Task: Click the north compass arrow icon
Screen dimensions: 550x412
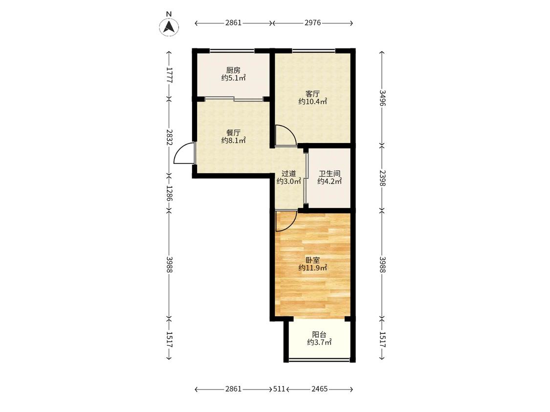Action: [x=169, y=27]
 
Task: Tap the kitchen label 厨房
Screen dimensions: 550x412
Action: [x=233, y=70]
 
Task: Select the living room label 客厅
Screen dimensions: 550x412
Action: [x=312, y=94]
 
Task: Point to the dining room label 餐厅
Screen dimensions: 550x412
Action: [x=233, y=133]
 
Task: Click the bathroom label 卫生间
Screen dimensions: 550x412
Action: [x=330, y=173]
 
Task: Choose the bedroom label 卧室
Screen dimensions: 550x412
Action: [x=312, y=260]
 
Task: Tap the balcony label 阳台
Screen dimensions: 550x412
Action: [x=319, y=334]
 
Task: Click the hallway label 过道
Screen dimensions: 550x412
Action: [x=288, y=173]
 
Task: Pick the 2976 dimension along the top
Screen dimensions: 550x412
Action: [x=312, y=23]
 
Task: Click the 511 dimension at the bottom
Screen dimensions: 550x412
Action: [x=279, y=389]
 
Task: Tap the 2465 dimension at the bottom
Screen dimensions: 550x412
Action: [x=320, y=389]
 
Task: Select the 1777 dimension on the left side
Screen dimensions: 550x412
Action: [x=170, y=75]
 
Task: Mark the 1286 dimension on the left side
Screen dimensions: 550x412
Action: [x=170, y=193]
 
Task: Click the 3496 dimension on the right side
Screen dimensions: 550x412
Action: [x=382, y=98]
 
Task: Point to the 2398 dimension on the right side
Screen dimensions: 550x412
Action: [x=382, y=178]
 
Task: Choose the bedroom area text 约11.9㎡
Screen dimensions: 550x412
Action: [x=312, y=268]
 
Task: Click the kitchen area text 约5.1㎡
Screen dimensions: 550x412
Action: [x=233, y=78]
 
